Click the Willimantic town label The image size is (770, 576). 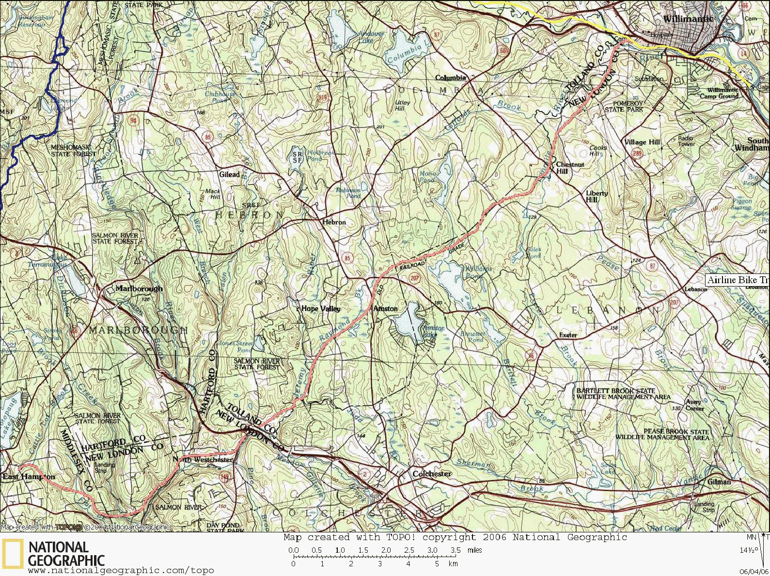pyautogui.click(x=688, y=19)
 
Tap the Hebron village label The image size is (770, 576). pyautogui.click(x=334, y=222)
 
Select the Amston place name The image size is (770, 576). pyautogui.click(x=386, y=308)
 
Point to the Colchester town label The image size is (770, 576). pyautogui.click(x=432, y=474)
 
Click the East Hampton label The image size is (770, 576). pyautogui.click(x=29, y=477)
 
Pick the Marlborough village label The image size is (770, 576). pyautogui.click(x=139, y=288)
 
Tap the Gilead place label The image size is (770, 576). pyautogui.click(x=229, y=175)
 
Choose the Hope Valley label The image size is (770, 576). pyautogui.click(x=321, y=308)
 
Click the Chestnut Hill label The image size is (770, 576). pyautogui.click(x=569, y=168)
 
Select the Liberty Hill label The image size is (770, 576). pyautogui.click(x=597, y=196)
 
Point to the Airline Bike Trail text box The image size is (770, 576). pyautogui.click(x=737, y=280)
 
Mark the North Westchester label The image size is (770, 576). pyautogui.click(x=203, y=460)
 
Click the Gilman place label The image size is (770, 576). pyautogui.click(x=719, y=481)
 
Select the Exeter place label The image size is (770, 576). pyautogui.click(x=568, y=335)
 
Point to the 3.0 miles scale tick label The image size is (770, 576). pyautogui.click(x=432, y=550)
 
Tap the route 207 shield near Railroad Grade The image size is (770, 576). pyautogui.click(x=414, y=278)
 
